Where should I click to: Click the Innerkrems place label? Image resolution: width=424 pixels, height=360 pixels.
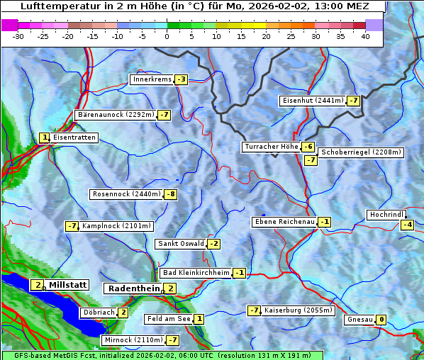pos(152,79)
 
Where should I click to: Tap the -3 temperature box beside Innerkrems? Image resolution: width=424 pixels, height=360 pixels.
pos(182,79)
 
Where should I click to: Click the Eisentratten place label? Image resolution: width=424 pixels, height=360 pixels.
pos(74,137)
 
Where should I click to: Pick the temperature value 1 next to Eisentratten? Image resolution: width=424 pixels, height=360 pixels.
pos(45,137)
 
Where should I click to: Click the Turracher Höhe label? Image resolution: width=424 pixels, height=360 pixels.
pos(271,147)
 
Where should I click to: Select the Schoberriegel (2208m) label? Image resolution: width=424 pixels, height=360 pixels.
pos(361,152)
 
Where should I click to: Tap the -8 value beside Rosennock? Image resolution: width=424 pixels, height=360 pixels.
pos(170,194)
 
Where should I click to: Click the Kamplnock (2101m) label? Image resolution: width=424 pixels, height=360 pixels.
pos(116,226)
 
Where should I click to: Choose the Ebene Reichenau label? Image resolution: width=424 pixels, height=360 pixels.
pos(284,222)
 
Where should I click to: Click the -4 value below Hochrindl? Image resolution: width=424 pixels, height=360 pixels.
pos(407,225)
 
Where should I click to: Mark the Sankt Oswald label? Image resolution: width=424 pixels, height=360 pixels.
pos(181,244)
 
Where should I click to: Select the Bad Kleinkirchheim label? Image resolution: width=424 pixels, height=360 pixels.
pos(196,273)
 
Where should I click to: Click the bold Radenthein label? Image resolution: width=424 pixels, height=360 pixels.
pos(134,288)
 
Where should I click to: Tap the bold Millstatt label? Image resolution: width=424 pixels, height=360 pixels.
pos(67,285)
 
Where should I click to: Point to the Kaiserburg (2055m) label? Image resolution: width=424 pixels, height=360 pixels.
pos(297,310)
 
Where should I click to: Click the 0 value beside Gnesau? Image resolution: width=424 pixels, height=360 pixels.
pos(381,320)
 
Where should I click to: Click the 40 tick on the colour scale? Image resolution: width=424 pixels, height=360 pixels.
pos(365,35)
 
